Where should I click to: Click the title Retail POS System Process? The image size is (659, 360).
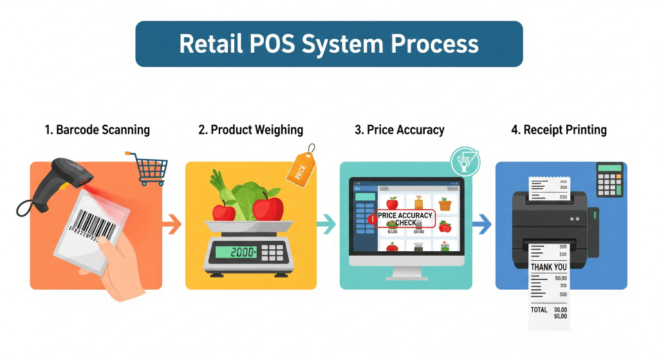[x=329, y=44]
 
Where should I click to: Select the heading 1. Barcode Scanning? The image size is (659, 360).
[x=97, y=130]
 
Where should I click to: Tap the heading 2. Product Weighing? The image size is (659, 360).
[x=251, y=130]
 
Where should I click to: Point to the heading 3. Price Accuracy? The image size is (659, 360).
[x=400, y=130]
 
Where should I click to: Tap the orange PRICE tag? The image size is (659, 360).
[x=299, y=169]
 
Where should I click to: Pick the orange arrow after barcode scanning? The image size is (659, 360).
[x=171, y=225]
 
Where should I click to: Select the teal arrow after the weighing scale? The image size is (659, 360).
[x=326, y=225]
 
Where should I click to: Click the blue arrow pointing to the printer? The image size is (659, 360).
[x=481, y=225]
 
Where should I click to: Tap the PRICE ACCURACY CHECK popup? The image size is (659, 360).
[x=403, y=220]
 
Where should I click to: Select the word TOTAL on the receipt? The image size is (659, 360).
[x=539, y=310]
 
